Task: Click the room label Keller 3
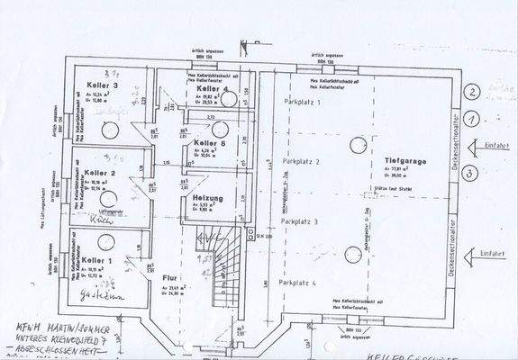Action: [102, 86]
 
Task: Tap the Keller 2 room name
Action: [101, 173]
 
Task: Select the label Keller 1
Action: [97, 260]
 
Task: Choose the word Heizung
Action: [207, 196]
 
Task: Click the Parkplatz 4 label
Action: [299, 283]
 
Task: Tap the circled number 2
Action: [470, 91]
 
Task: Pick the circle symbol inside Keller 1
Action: [107, 240]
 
